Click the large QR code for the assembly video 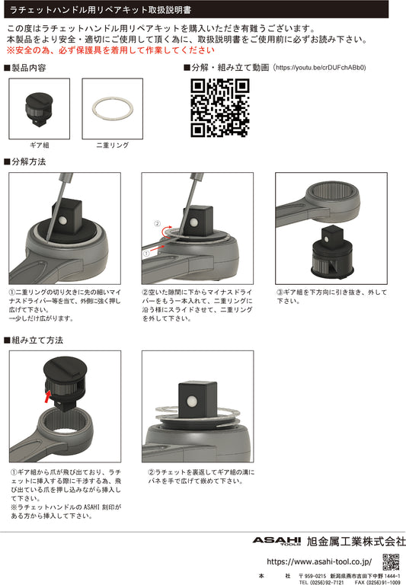[x=220, y=108]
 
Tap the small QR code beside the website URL [x=391, y=562]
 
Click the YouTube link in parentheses [x=321, y=68]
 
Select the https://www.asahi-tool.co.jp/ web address [x=319, y=561]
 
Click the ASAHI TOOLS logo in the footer [x=277, y=541]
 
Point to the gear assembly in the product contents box [x=39, y=109]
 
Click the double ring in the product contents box [x=112, y=110]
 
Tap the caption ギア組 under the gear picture [x=39, y=145]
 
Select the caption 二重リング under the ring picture [x=112, y=145]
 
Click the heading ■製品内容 [x=25, y=68]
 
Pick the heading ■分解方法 [x=25, y=162]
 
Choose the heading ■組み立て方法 [x=34, y=340]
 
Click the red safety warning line [x=110, y=50]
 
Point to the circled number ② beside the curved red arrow [x=158, y=224]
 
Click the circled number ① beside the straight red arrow [x=146, y=254]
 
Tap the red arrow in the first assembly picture [x=47, y=396]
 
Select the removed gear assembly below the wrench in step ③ [x=332, y=251]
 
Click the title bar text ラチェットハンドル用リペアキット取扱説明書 [x=101, y=10]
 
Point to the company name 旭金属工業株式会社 [x=356, y=542]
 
